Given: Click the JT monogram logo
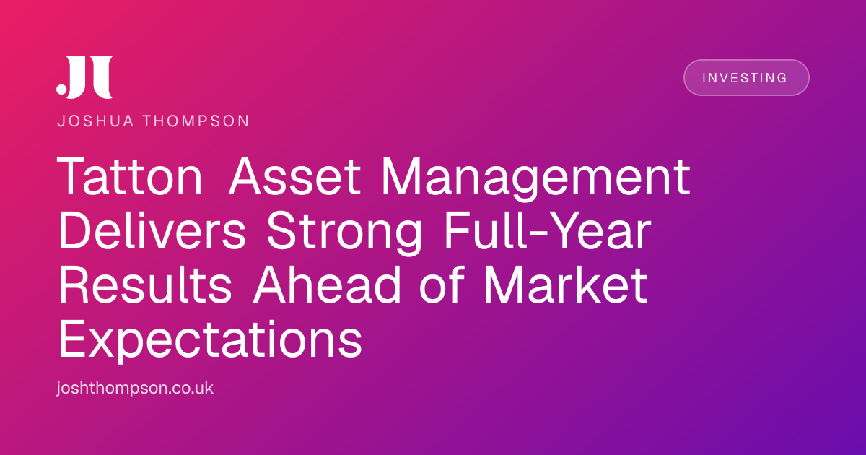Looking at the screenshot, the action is [x=84, y=77].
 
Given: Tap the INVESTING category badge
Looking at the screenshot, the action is [x=746, y=77].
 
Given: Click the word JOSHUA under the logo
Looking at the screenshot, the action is [x=95, y=121].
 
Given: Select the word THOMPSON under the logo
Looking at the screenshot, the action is [x=196, y=121].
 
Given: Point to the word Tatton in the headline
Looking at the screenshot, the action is [x=130, y=176].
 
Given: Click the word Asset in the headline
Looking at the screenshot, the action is [x=294, y=176].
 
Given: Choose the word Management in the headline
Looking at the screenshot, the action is [x=535, y=180].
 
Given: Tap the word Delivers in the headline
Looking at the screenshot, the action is [x=152, y=230].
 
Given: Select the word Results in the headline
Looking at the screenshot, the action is [x=145, y=285].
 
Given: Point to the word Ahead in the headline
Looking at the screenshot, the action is [x=327, y=285].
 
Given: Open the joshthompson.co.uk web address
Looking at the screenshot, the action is [x=135, y=388].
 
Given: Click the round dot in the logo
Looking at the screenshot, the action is [x=61, y=89].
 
